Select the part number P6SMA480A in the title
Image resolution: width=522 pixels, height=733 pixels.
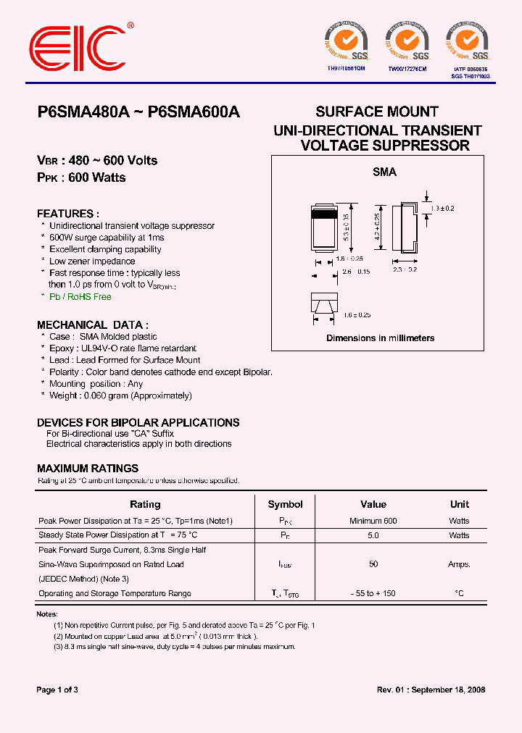83,112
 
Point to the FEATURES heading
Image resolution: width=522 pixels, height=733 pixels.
68,214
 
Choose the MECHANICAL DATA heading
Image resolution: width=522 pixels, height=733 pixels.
93,324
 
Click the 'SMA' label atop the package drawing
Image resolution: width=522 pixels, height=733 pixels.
384,172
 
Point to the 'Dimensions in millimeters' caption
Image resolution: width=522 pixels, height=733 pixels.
380,338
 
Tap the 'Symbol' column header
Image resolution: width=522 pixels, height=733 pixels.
286,504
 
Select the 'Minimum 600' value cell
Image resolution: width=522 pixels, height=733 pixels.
373,521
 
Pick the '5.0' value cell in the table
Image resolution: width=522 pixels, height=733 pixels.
373,535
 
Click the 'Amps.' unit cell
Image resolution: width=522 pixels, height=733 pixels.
459,564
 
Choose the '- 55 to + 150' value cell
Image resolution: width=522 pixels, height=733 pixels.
373,593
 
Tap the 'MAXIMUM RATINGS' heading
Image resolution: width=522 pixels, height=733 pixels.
88,469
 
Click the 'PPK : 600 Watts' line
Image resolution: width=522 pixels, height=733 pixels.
81,177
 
